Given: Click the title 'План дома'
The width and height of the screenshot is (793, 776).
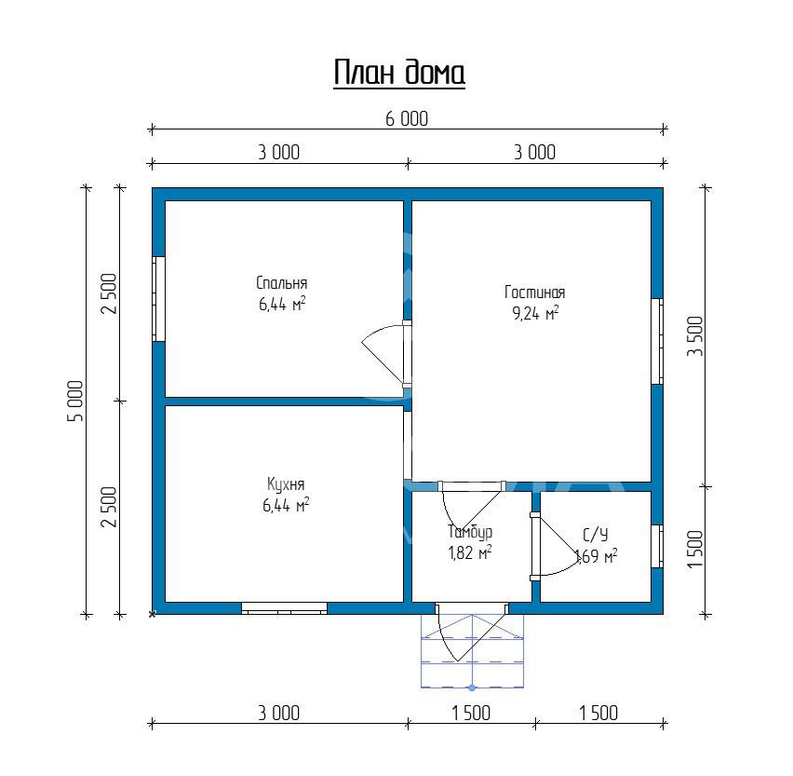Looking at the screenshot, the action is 399,73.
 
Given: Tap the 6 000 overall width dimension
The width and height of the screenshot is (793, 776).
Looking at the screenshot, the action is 407,119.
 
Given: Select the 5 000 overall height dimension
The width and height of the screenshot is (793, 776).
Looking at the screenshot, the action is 75,401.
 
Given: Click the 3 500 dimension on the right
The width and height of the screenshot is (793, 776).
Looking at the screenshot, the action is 695,336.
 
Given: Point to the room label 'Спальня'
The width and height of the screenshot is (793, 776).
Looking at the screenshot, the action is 282,282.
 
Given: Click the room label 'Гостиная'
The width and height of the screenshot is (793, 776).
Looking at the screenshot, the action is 534,293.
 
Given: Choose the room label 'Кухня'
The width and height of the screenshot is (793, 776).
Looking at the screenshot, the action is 286,484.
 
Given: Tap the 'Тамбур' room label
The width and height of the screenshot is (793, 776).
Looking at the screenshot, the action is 470,532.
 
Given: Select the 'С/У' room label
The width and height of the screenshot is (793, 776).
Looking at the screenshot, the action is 596,535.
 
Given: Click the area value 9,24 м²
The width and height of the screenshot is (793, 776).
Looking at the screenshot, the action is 535,313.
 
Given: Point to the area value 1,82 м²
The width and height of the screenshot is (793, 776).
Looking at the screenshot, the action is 469,552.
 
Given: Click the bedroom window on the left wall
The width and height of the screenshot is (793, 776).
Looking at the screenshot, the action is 159,299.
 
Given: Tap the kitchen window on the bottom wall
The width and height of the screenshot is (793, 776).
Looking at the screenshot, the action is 284,608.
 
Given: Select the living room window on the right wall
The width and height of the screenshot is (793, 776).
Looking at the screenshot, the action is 657,341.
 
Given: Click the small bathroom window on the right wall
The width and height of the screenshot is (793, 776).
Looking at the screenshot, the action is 657,546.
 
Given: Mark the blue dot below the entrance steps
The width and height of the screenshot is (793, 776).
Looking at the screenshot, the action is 472,688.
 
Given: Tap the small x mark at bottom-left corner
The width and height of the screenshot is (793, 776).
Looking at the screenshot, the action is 152,614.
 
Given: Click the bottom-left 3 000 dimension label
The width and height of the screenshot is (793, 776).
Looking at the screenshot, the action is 278,714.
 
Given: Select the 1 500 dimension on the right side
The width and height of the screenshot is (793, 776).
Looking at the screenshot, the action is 695,550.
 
